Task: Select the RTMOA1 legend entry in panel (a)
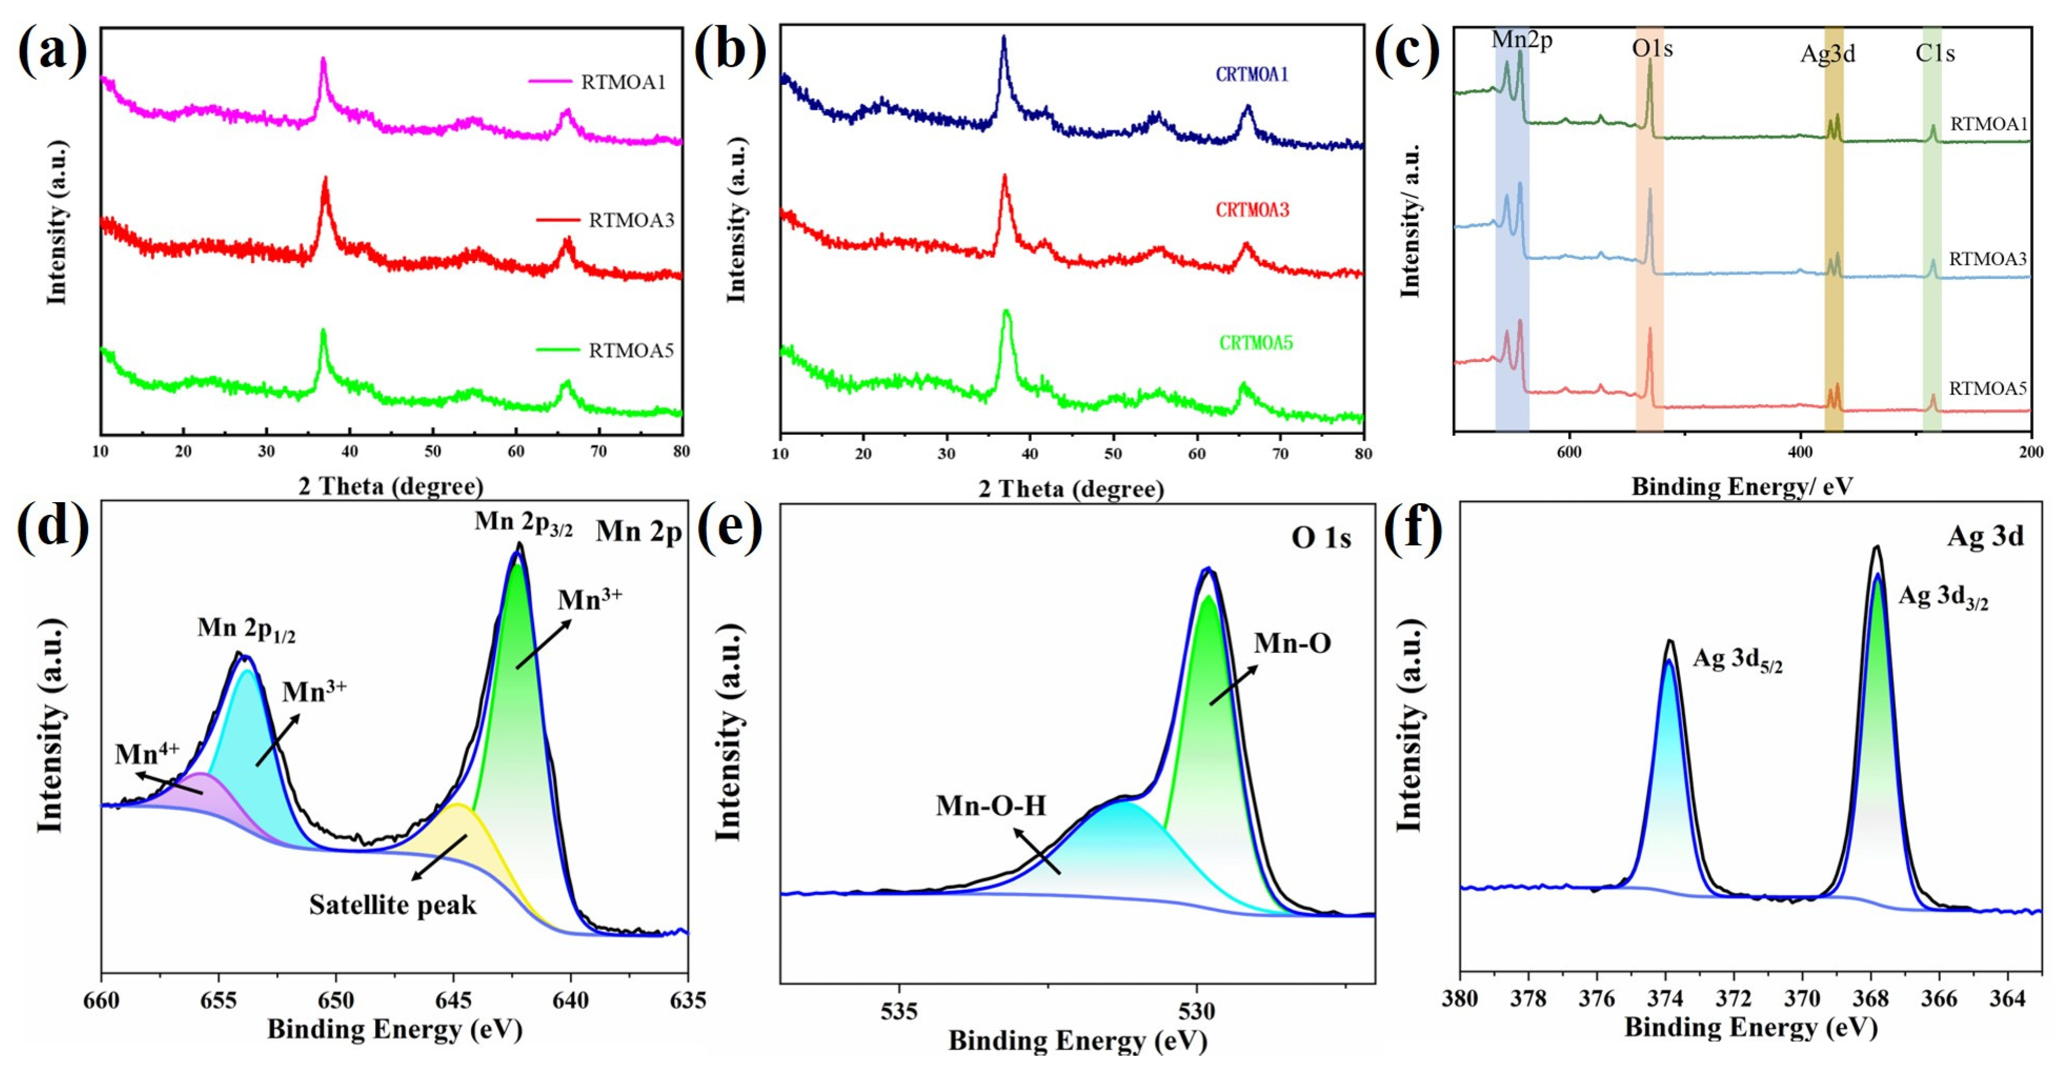coord(623,82)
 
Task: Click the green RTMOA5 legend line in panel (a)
coord(558,350)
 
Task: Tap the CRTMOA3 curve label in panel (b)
coord(1252,210)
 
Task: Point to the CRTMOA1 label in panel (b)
coord(1252,75)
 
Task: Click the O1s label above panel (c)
coord(1652,49)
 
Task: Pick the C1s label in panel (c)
coord(1934,54)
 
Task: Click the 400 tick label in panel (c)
coord(1800,452)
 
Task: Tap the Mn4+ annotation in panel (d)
coord(147,754)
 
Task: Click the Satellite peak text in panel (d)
coord(392,905)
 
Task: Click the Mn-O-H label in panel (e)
coord(991,805)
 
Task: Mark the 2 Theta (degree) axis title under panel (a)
coord(391,486)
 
